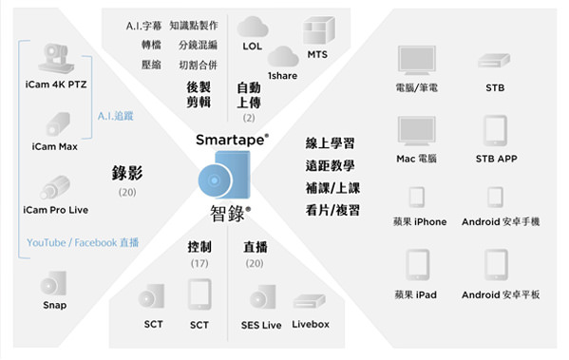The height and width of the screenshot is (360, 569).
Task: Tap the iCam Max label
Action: [53, 146]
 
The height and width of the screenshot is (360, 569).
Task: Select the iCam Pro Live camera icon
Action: [54, 187]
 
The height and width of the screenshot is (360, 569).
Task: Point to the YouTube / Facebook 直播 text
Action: [83, 243]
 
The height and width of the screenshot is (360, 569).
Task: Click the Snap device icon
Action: [54, 282]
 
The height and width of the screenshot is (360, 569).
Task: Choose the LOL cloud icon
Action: [252, 28]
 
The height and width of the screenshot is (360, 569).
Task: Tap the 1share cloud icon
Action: [282, 56]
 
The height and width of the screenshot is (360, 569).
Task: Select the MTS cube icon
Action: [317, 32]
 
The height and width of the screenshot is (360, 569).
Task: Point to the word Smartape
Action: [231, 140]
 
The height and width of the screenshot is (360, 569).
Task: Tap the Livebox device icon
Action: [310, 301]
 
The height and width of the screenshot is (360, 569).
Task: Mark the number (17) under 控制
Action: [199, 262]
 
